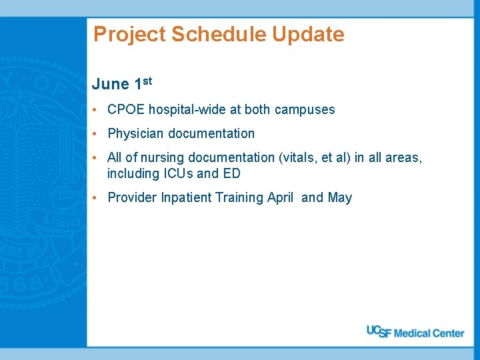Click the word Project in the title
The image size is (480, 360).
[130, 35]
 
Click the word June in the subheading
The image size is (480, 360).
[111, 84]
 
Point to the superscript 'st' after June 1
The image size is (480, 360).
[147, 81]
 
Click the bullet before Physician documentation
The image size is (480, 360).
[97, 133]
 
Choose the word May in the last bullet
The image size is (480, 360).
[339, 197]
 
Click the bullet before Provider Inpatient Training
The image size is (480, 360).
[97, 197]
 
